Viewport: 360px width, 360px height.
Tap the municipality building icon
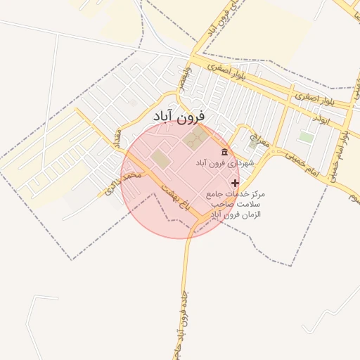click(x=224, y=152)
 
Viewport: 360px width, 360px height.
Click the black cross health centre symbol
click(x=235, y=183)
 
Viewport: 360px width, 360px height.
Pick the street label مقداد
click(x=118, y=137)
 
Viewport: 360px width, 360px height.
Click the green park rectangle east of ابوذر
click(x=305, y=136)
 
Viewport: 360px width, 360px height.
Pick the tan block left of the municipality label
click(x=161, y=159)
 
